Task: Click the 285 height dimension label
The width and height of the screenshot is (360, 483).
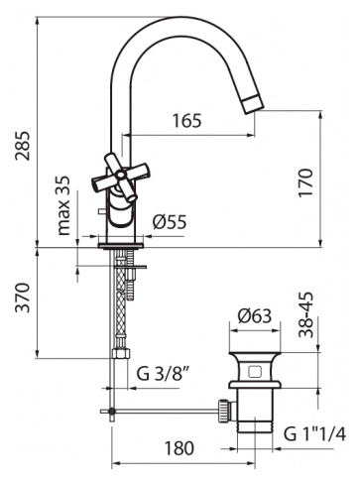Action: click(x=23, y=146)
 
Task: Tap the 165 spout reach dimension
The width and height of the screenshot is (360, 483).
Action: click(x=186, y=121)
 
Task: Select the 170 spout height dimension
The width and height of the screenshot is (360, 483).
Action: click(x=305, y=182)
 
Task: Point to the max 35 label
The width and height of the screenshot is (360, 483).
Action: click(x=63, y=205)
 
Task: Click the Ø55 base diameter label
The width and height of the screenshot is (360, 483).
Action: click(x=170, y=222)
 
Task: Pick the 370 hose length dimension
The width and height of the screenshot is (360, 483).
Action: click(x=23, y=298)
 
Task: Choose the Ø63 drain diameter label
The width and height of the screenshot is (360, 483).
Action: click(x=255, y=316)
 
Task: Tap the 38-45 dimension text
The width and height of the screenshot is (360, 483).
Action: click(x=305, y=314)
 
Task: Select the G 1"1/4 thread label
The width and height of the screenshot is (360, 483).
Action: click(x=314, y=434)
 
